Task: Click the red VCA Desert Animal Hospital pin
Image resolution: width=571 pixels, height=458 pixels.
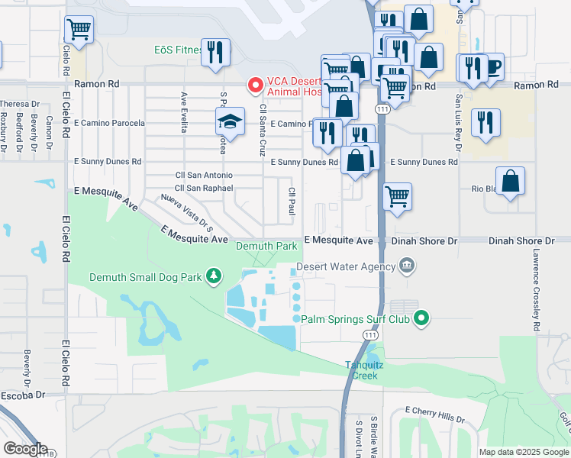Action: (255, 85)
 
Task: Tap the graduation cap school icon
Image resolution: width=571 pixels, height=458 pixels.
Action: (229, 121)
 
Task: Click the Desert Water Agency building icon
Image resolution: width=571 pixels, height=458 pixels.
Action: (408, 266)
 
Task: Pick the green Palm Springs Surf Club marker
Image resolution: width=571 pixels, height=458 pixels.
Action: (421, 318)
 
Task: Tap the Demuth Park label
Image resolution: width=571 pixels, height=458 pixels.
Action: (266, 247)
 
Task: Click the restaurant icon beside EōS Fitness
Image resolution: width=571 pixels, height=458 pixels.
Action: (215, 52)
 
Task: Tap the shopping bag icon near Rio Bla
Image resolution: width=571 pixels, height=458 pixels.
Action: (511, 181)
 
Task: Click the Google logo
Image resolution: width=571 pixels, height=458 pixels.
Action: (24, 449)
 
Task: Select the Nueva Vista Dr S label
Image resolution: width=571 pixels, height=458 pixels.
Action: (186, 211)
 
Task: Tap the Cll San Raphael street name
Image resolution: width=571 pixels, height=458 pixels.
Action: (203, 187)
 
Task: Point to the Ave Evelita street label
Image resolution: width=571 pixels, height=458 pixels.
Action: (184, 112)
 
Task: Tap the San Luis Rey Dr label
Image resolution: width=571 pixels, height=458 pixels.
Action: (458, 114)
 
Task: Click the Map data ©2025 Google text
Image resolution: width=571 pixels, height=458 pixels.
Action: (523, 451)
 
